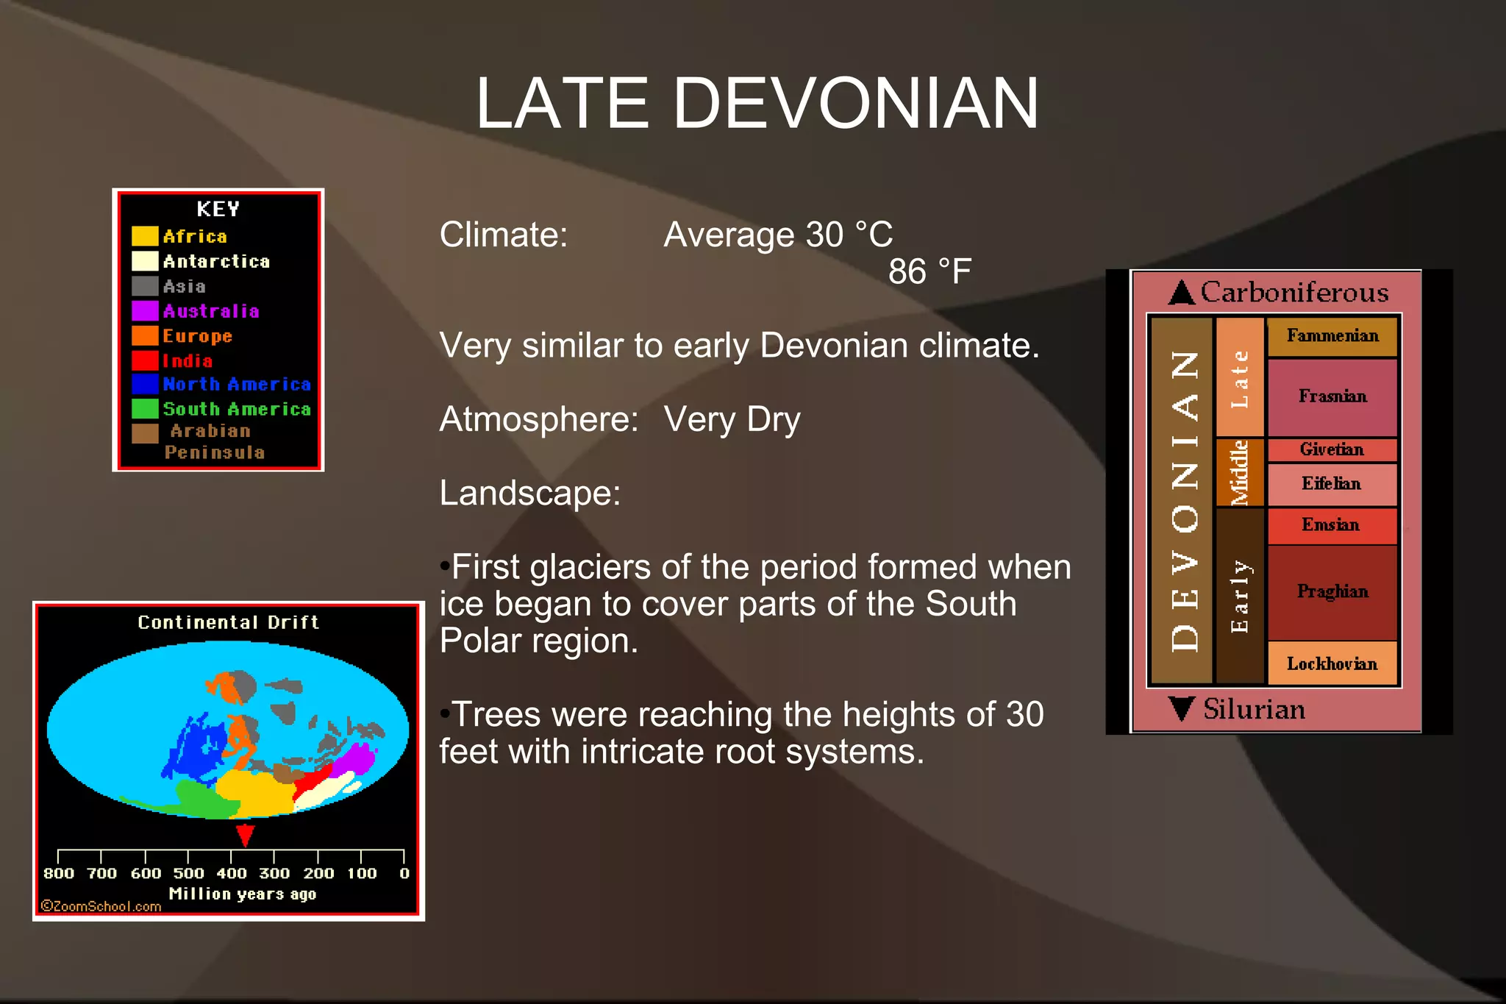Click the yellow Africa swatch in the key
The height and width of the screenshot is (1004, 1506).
[145, 236]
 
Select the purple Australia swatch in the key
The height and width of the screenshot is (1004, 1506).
[145, 310]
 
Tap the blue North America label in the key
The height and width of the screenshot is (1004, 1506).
[237, 384]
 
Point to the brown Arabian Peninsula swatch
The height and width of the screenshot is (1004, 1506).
[145, 433]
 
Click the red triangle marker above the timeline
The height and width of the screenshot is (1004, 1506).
[245, 835]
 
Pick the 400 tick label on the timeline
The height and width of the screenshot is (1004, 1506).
[232, 873]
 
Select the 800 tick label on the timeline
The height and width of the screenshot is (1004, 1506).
[59, 873]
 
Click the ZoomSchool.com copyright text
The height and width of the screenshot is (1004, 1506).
[101, 906]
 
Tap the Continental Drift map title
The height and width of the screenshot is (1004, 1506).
[228, 622]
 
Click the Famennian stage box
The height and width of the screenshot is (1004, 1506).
[1332, 336]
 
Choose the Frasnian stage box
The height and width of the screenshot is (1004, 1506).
[1332, 396]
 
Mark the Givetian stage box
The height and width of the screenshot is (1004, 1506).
[1332, 449]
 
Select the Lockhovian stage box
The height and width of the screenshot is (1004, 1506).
[1332, 663]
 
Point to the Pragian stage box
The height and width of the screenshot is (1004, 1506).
[1332, 592]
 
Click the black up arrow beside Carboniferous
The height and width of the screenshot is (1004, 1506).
[1182, 293]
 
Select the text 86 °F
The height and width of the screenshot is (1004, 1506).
[929, 271]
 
